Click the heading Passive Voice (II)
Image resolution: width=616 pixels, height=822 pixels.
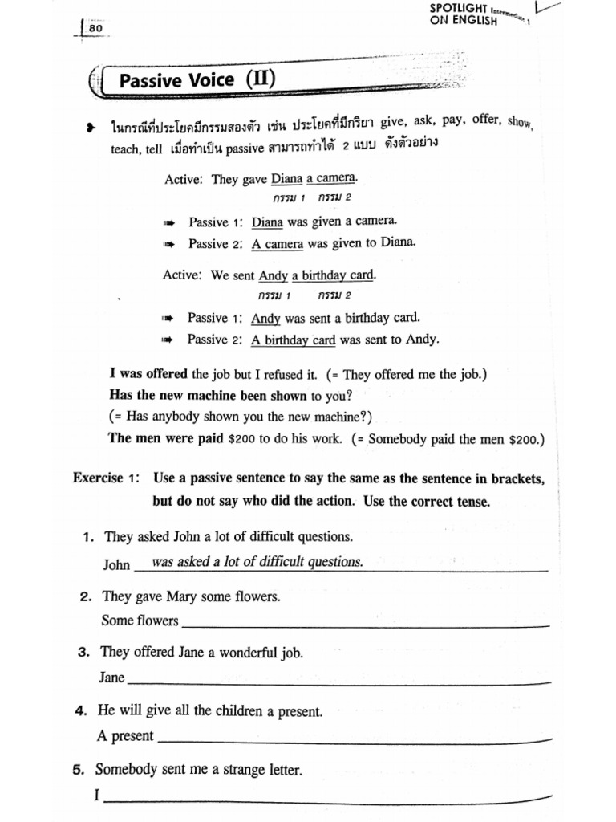199,79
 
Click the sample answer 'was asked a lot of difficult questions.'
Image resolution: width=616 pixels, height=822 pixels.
257,562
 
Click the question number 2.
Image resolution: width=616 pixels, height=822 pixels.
83,597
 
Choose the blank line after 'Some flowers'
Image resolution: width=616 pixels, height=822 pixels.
366,625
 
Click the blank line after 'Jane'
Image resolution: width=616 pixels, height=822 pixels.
339,682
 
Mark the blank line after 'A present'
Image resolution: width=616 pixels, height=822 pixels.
354,739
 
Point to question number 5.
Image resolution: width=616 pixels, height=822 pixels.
78,770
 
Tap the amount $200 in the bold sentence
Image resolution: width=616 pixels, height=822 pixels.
241,439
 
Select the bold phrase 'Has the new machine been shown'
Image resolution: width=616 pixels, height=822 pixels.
208,395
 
